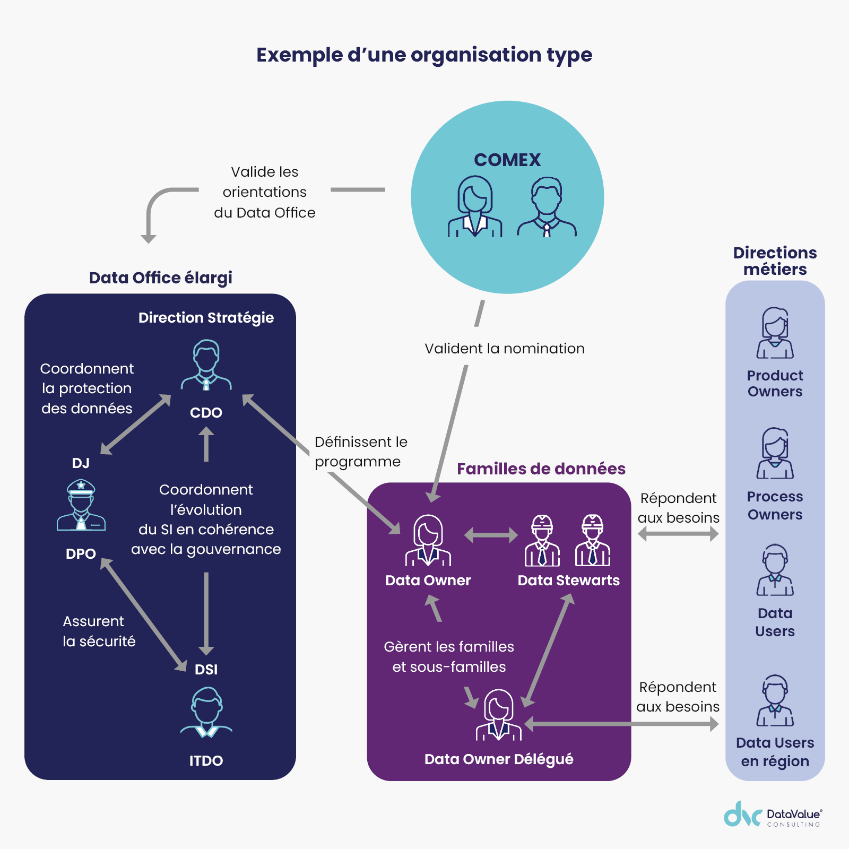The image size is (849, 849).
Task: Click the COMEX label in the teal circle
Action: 507,160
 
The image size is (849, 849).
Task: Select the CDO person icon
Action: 206,366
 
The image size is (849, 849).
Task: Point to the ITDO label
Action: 206,760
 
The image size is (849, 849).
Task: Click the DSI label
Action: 206,669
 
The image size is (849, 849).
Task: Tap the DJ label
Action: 81,463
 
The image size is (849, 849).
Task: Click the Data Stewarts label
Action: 568,580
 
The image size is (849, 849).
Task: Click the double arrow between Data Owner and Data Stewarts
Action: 491,535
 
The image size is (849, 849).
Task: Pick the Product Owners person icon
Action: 775,333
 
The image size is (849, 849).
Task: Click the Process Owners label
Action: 775,505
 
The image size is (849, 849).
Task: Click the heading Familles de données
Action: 541,469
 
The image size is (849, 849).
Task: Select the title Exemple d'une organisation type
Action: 424,55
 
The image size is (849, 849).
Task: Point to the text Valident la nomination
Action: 504,348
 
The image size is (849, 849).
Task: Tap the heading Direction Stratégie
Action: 206,317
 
